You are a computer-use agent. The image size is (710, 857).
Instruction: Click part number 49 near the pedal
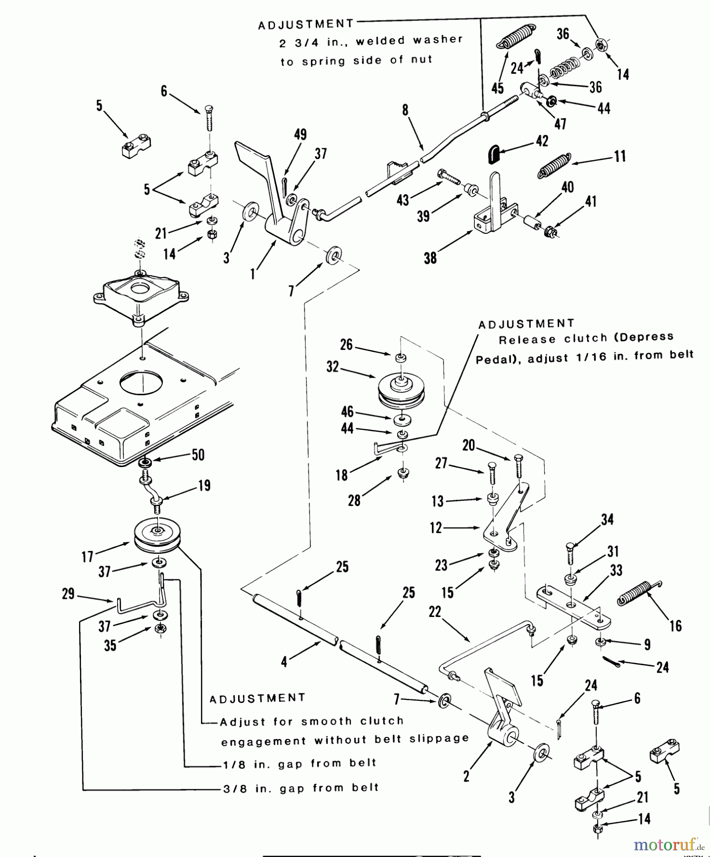300,135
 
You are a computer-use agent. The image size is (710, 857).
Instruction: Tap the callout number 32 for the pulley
333,367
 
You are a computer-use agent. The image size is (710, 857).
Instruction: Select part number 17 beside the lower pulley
87,556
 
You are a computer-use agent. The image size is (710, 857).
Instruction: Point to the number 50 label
198,455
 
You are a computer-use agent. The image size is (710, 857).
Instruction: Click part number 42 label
542,141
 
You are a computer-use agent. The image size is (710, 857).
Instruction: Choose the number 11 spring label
620,156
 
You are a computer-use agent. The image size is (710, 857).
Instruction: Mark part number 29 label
68,594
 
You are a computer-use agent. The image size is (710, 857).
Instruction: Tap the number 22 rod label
435,612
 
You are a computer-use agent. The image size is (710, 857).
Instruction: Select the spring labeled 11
554,165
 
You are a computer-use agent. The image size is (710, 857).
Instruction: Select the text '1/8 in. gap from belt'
300,764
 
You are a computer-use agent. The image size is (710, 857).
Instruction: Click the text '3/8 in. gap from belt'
301,788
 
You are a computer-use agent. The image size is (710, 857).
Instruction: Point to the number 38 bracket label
430,258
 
